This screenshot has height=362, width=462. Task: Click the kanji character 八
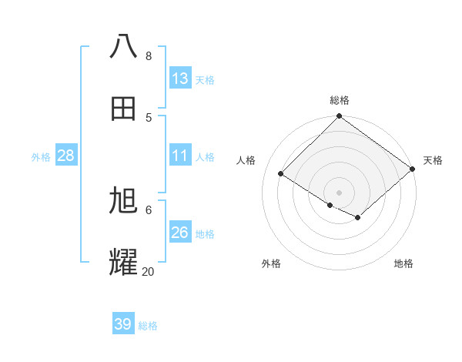[124, 46]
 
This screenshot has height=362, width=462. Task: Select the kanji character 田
[124, 109]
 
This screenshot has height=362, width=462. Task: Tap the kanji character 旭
[124, 200]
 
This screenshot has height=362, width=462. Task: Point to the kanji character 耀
[124, 262]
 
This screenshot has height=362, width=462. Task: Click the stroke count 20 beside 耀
[148, 271]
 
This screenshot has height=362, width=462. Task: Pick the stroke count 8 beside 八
[148, 55]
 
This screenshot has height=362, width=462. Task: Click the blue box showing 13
[180, 79]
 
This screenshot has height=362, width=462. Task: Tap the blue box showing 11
[180, 156]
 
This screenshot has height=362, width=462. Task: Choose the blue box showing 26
[180, 233]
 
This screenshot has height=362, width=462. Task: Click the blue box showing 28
[66, 156]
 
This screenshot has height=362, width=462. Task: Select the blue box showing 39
[123, 324]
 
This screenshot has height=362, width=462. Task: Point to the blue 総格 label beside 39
[148, 326]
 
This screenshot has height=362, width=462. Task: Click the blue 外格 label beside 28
[41, 157]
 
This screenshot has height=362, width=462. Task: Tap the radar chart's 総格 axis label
[340, 100]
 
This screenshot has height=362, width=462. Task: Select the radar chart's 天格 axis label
[433, 160]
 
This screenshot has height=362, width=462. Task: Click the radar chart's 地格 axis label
[403, 263]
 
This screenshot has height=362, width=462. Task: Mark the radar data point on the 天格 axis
[413, 169]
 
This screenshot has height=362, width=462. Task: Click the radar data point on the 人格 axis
[281, 174]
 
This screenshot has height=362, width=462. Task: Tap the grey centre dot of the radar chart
[340, 192]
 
